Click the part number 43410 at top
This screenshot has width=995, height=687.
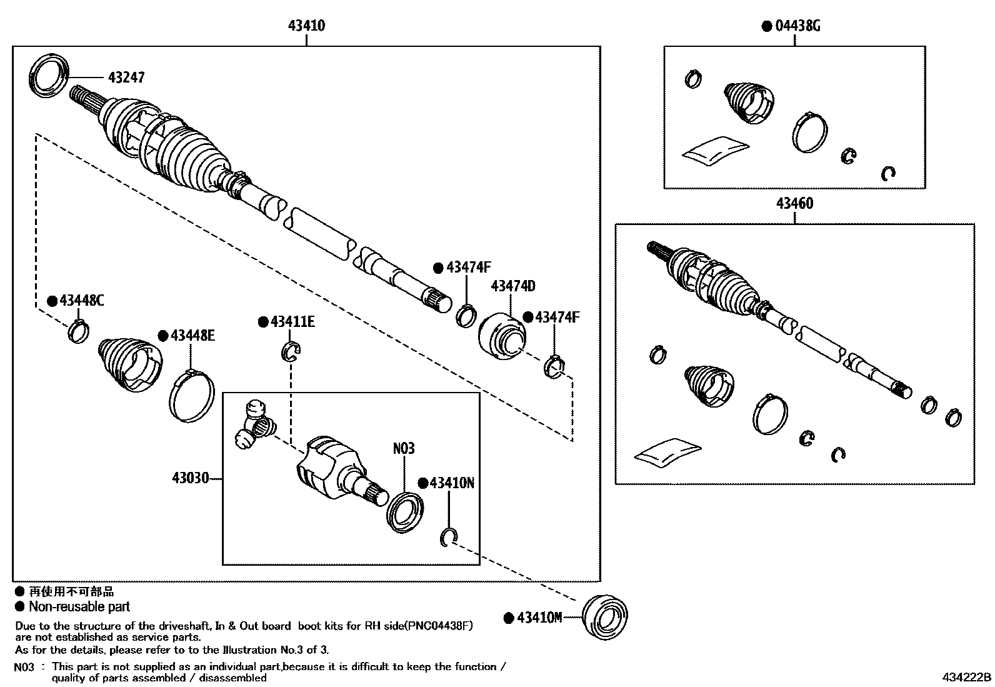click(x=306, y=26)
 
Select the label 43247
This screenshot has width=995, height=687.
click(x=126, y=78)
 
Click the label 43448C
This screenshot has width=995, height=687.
click(x=81, y=301)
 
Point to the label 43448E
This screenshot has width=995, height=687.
click(x=192, y=336)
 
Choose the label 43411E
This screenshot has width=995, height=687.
click(x=292, y=322)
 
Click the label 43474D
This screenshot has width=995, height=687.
click(x=513, y=286)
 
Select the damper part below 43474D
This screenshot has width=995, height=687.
click(x=502, y=337)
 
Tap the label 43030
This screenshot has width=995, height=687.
click(x=191, y=479)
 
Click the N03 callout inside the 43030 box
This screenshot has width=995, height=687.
click(x=404, y=448)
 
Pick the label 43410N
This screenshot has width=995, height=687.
click(x=452, y=483)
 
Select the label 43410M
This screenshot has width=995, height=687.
click(x=539, y=618)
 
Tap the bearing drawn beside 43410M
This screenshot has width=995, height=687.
click(x=604, y=616)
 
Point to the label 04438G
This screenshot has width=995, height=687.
click(x=797, y=26)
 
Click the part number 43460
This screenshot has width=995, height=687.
click(x=794, y=203)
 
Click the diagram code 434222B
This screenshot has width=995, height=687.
click(x=967, y=678)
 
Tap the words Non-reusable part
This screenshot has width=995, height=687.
click(x=79, y=606)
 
